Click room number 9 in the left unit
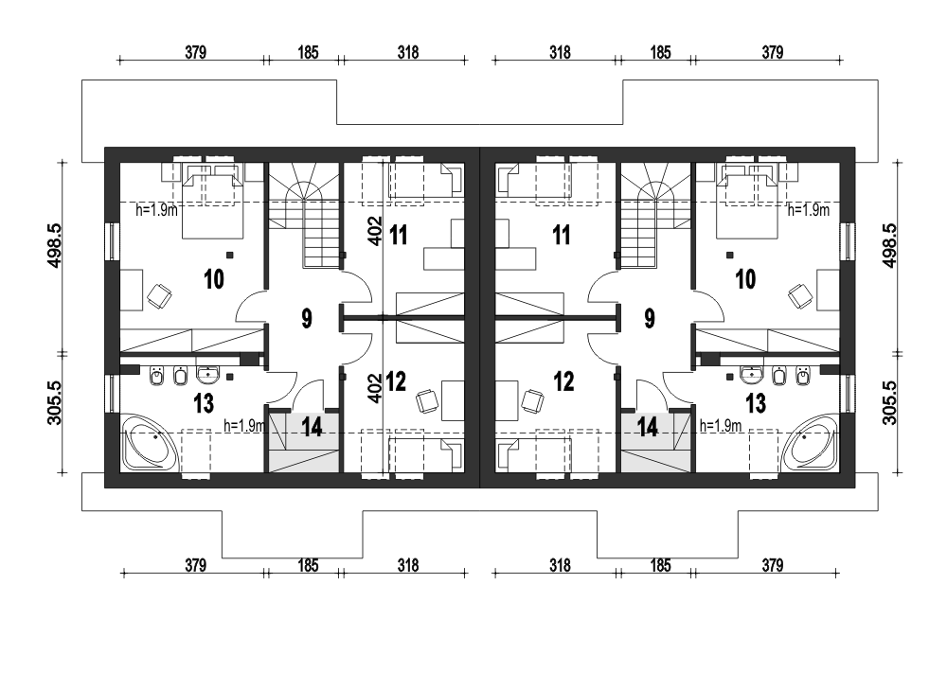point(307,318)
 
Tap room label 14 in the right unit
point(647,428)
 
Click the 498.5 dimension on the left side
point(54,246)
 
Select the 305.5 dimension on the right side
point(890,402)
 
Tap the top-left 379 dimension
point(196,52)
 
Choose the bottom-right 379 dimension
point(773,565)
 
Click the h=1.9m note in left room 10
point(156,210)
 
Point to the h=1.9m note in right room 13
point(721,426)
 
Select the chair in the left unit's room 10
point(159,296)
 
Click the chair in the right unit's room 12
point(532,401)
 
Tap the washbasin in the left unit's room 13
point(207,375)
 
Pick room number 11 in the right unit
point(561,235)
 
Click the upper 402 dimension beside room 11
point(375,231)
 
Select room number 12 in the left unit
point(396,381)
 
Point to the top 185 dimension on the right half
point(660,52)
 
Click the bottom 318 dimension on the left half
point(407,565)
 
